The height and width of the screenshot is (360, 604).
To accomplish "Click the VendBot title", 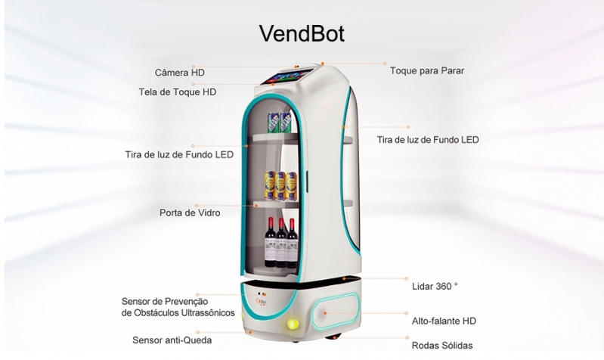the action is pyautogui.click(x=302, y=33).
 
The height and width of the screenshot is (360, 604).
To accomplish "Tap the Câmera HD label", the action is pyautogui.click(x=179, y=73).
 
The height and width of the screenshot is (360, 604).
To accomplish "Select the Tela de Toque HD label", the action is pyautogui.click(x=177, y=92).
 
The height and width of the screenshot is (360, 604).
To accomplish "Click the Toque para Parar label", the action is pyautogui.click(x=427, y=70).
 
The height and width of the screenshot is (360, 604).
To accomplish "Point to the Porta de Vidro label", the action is pyautogui.click(x=190, y=213).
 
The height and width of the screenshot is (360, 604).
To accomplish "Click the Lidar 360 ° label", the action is pyautogui.click(x=435, y=286).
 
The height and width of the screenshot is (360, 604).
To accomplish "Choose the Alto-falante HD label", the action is pyautogui.click(x=444, y=321).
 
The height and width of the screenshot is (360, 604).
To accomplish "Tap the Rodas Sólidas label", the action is pyautogui.click(x=442, y=346).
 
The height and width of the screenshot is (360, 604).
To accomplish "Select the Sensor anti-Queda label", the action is pyautogui.click(x=172, y=340).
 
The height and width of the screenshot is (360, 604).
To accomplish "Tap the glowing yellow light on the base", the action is pyautogui.click(x=293, y=324).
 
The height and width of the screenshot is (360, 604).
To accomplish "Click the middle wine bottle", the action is pyautogui.click(x=281, y=243).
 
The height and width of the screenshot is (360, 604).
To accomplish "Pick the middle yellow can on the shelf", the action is pyautogui.click(x=280, y=186).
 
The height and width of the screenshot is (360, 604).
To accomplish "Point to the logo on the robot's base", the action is pyautogui.click(x=261, y=301).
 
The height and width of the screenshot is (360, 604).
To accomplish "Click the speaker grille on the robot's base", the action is pyautogui.click(x=321, y=314).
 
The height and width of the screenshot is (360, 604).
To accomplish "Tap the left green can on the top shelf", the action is pyautogui.click(x=274, y=123).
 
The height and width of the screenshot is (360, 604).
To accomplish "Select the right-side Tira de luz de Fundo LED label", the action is pyautogui.click(x=428, y=139).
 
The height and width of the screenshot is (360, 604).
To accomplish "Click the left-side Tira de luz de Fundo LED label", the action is pyautogui.click(x=179, y=154).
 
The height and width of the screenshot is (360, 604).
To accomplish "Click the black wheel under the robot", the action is pyautogui.click(x=332, y=337).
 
